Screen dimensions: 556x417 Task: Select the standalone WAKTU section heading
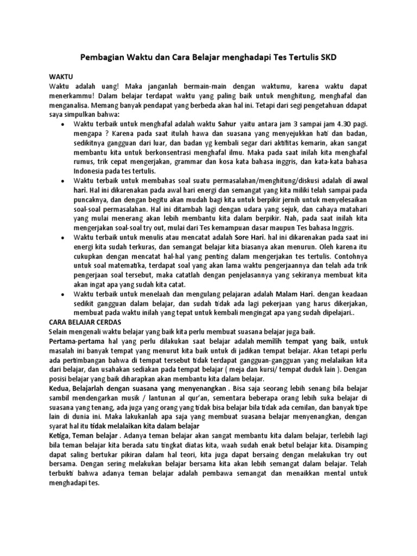[60, 77]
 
